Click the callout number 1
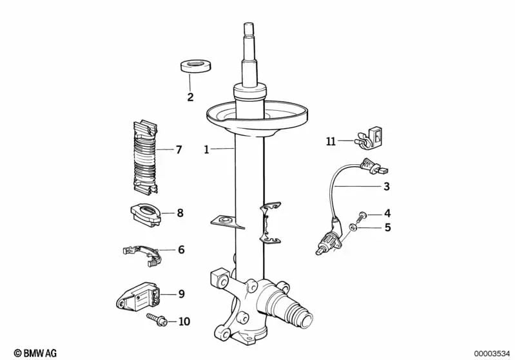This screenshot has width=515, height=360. (206, 149)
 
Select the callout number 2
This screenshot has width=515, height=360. (190, 98)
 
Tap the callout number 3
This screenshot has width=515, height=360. (386, 187)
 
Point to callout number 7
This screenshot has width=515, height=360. (179, 149)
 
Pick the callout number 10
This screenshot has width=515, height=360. (184, 320)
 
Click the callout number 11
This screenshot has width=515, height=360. (331, 141)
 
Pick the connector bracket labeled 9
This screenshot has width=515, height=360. (139, 297)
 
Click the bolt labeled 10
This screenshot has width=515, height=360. (156, 318)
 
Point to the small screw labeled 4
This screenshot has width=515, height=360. (364, 214)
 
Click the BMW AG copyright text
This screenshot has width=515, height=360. (35, 352)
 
